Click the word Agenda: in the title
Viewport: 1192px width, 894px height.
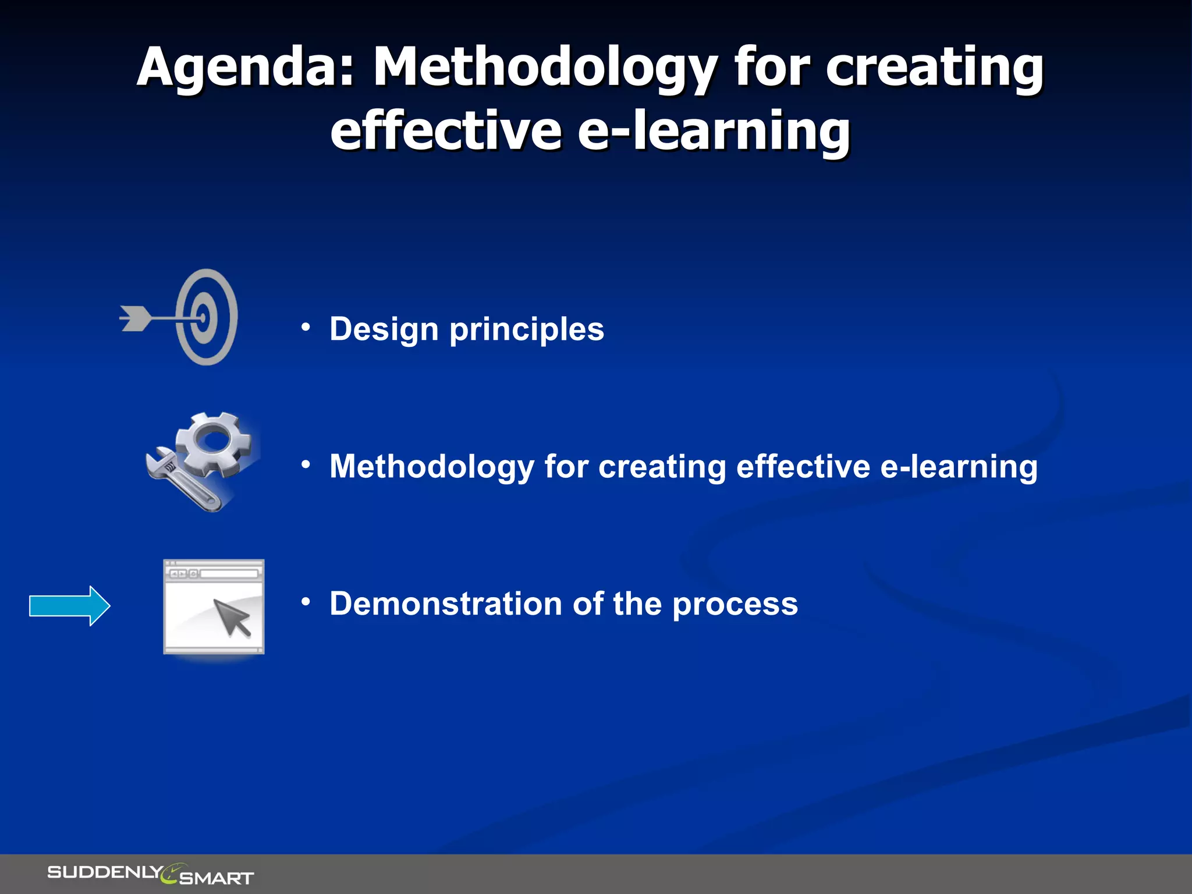tap(244, 69)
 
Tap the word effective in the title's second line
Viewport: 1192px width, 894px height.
tap(445, 132)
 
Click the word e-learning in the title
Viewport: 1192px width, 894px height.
tap(714, 132)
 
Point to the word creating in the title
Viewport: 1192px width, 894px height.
tap(934, 69)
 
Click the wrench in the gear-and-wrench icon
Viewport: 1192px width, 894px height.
tap(180, 480)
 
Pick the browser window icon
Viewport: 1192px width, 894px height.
tap(214, 606)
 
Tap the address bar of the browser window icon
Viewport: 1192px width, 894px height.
tap(229, 574)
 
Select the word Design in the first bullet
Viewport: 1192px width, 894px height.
tap(384, 329)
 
